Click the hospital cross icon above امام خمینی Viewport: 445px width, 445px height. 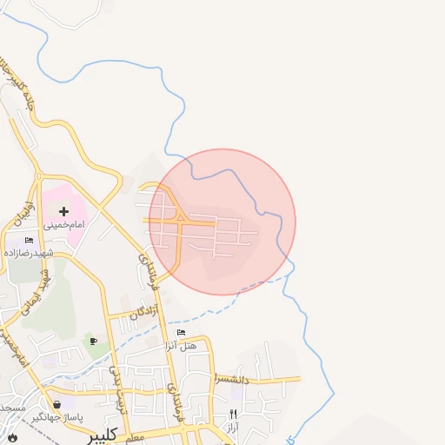[63, 211]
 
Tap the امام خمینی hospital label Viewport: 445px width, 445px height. [63, 224]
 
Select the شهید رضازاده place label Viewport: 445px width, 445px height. [29, 253]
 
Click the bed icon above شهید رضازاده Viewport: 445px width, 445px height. [29, 240]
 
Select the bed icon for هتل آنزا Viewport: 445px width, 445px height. [181, 333]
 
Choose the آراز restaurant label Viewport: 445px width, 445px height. [233, 428]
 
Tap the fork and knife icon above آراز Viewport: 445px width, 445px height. [233, 415]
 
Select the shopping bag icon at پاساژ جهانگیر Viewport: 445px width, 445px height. [57, 404]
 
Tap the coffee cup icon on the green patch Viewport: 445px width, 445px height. [93, 342]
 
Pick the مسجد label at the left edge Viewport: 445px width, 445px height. [11, 408]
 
